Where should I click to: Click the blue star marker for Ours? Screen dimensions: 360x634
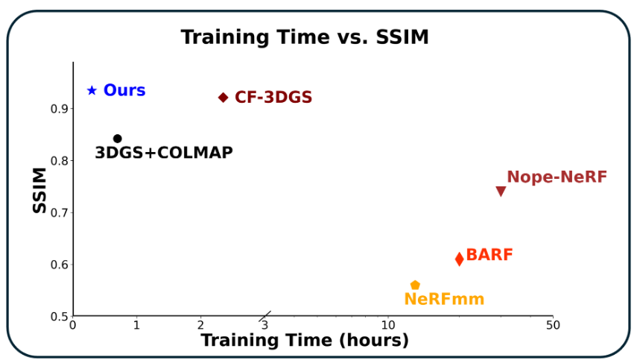tap(92, 90)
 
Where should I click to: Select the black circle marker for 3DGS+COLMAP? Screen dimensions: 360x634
tap(117, 139)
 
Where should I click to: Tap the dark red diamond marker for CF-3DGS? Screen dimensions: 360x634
tap(223, 98)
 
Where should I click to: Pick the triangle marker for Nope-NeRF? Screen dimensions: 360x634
tap(501, 192)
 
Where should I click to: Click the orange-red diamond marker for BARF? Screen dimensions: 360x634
tap(460, 259)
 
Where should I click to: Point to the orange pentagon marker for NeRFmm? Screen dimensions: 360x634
tap(415, 285)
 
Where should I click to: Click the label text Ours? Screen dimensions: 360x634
tap(124, 90)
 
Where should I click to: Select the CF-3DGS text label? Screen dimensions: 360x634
tap(273, 98)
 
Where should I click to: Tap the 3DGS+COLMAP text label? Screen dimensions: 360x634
tap(163, 153)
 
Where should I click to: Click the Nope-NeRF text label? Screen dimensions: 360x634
tap(557, 177)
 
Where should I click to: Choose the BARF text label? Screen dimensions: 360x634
tap(489, 255)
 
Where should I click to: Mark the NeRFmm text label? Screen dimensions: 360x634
tap(444, 300)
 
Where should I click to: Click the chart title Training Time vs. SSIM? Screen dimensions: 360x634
tap(305, 37)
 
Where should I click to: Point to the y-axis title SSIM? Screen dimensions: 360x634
tap(40, 190)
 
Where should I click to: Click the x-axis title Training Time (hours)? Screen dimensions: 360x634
tap(305, 341)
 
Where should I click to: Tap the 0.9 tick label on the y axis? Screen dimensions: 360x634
tap(60, 109)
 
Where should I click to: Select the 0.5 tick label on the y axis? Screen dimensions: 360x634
tap(60, 316)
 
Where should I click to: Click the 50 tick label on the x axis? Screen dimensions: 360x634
tap(552, 325)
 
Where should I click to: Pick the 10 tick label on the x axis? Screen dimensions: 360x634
tap(387, 325)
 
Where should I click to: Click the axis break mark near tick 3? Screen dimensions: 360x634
tap(267, 315)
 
